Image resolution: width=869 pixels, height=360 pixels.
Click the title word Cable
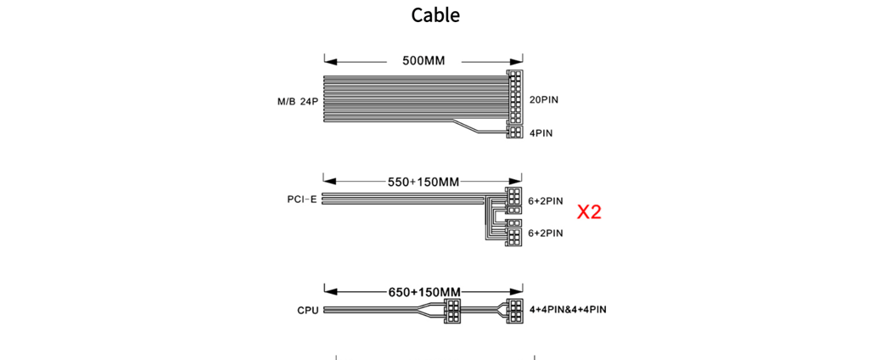pyautogui.click(x=435, y=15)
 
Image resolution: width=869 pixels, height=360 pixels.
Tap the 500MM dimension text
pyautogui.click(x=424, y=60)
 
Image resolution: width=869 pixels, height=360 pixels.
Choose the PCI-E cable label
pyautogui.click(x=302, y=200)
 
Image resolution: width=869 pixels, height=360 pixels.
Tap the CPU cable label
pyautogui.click(x=307, y=310)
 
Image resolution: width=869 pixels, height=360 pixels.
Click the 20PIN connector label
pyautogui.click(x=544, y=100)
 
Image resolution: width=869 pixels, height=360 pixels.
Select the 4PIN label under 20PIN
pyautogui.click(x=541, y=133)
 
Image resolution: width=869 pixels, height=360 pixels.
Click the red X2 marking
pyautogui.click(x=589, y=212)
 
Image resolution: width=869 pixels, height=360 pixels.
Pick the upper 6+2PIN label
pyautogui.click(x=546, y=200)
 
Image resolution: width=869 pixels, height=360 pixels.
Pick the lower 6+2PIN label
pyautogui.click(x=546, y=233)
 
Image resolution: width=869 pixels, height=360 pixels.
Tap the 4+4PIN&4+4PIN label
pyautogui.click(x=568, y=309)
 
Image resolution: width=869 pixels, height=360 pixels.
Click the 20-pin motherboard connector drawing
pyautogui.click(x=515, y=97)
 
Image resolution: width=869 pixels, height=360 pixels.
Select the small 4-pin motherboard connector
pyautogui.click(x=515, y=132)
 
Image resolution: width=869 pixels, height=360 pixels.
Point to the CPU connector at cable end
pyautogui.click(x=515, y=312)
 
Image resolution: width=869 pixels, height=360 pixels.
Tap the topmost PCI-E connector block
pyautogui.click(x=514, y=196)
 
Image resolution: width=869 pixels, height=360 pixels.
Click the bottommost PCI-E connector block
pyautogui.click(x=514, y=239)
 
